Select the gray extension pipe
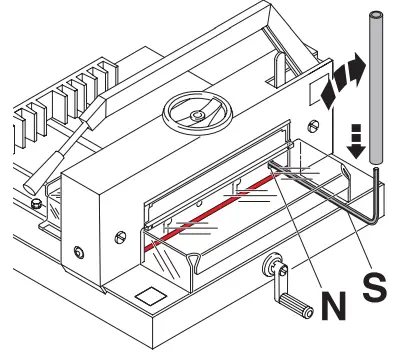pos(376,90)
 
